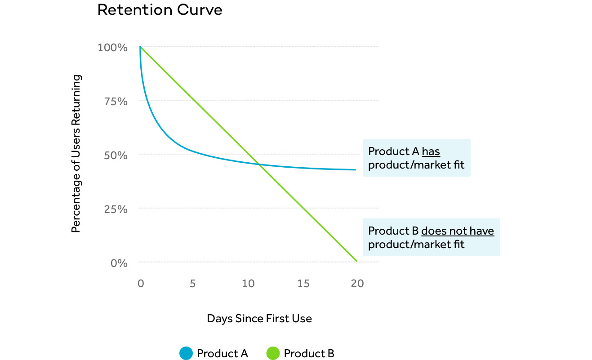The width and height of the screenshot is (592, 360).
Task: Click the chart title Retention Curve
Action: [x=160, y=10]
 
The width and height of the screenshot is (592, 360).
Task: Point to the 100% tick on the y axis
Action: [x=112, y=47]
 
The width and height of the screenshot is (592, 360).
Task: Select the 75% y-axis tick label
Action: [x=116, y=101]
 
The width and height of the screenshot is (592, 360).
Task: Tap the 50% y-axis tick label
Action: [x=116, y=155]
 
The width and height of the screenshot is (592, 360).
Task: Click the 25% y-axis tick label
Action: [x=116, y=209]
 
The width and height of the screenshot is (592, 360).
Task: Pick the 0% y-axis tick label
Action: [x=119, y=263]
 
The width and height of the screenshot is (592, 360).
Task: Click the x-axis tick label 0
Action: [x=140, y=284]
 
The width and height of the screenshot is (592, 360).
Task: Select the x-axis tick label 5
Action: [x=192, y=284]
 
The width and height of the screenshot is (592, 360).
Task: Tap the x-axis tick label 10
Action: [x=248, y=284]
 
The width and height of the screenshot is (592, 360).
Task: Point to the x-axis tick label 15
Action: [x=303, y=284]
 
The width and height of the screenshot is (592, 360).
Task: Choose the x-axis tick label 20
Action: [x=357, y=284]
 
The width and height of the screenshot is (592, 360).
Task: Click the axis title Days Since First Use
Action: [x=259, y=319]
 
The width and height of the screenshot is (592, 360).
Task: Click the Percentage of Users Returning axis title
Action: [x=76, y=154]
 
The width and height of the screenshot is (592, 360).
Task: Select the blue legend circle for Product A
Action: [x=186, y=354]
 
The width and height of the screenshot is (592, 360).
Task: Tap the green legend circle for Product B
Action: [x=273, y=354]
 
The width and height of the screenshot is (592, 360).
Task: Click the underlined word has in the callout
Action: [x=431, y=151]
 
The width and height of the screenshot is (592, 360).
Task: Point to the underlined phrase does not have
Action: [x=457, y=231]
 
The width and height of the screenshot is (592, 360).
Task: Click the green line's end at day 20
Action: [x=356, y=261]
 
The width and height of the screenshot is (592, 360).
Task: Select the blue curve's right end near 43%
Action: [x=355, y=170]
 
